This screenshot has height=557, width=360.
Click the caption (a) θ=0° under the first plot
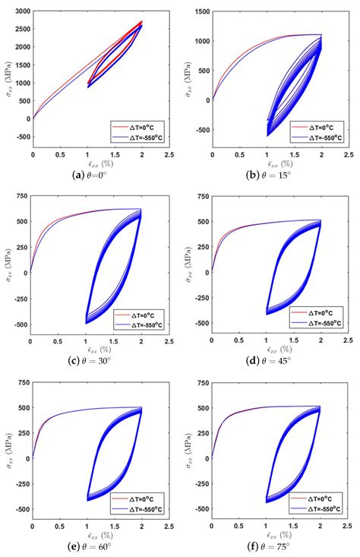(x=90, y=174)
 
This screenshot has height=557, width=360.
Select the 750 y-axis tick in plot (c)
(x=21, y=197)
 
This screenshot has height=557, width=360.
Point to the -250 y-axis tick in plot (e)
(x=20, y=484)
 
